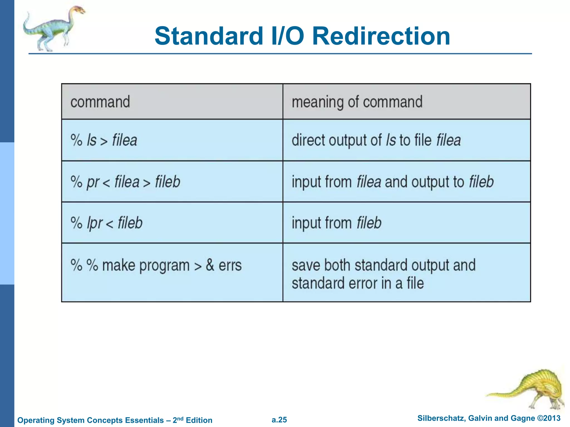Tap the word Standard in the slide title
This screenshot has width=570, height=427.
click(209, 36)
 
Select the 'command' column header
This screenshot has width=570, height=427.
click(100, 102)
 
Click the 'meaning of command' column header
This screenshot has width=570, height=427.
click(357, 102)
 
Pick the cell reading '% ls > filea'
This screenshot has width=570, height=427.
click(104, 140)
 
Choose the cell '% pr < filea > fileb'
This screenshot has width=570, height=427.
click(125, 182)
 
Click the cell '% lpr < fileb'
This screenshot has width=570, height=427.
click(107, 223)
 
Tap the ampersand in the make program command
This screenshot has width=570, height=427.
click(210, 265)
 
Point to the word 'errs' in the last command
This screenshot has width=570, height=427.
click(230, 265)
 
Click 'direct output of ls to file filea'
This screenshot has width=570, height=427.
click(376, 140)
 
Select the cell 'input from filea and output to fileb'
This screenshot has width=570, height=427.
click(392, 182)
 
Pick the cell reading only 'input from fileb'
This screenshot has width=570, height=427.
click(336, 223)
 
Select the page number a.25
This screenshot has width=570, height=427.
click(279, 420)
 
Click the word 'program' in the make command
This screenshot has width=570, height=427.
click(164, 265)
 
